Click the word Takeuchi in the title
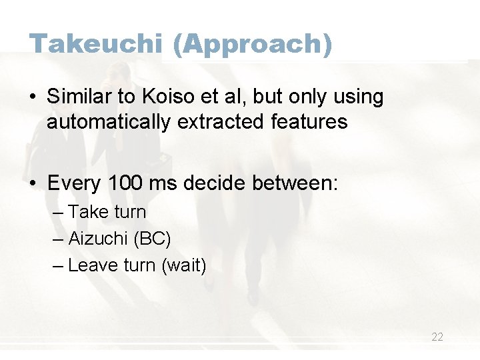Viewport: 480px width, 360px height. pyautogui.click(x=95, y=44)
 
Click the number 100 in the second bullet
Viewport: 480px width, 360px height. pyautogui.click(x=126, y=183)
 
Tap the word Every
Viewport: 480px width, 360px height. pyautogui.click(x=74, y=183)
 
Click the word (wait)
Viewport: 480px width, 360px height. pyautogui.click(x=184, y=265)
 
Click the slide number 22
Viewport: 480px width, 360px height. pyautogui.click(x=437, y=337)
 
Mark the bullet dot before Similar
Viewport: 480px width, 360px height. pyautogui.click(x=33, y=98)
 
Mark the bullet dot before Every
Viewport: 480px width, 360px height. pyautogui.click(x=33, y=183)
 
